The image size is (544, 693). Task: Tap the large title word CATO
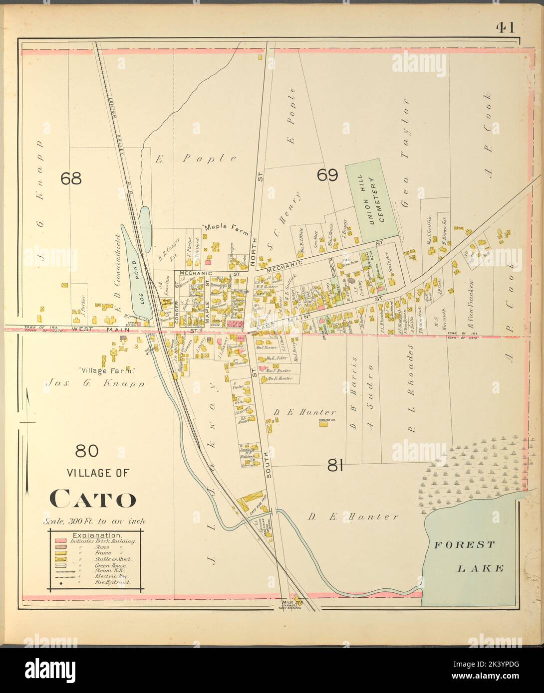pyautogui.click(x=93, y=499)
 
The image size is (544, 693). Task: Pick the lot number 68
pyautogui.click(x=70, y=178)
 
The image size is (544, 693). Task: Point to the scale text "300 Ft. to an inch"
pyautogui.click(x=94, y=521)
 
